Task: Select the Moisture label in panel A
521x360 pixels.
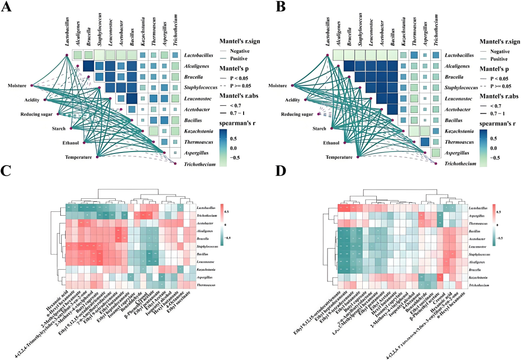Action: coord(19,85)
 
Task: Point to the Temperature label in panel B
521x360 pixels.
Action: coord(339,157)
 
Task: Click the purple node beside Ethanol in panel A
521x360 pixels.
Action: coord(84,143)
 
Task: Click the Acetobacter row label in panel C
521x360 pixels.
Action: coord(206,225)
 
